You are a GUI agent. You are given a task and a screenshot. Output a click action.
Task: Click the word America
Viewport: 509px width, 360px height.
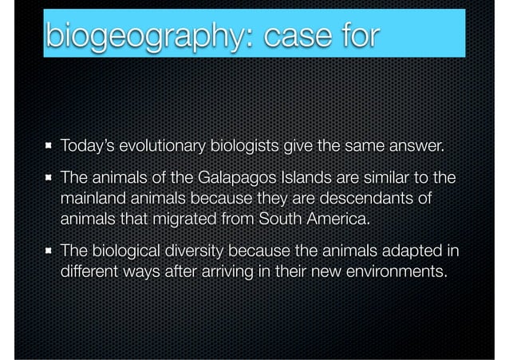347,218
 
